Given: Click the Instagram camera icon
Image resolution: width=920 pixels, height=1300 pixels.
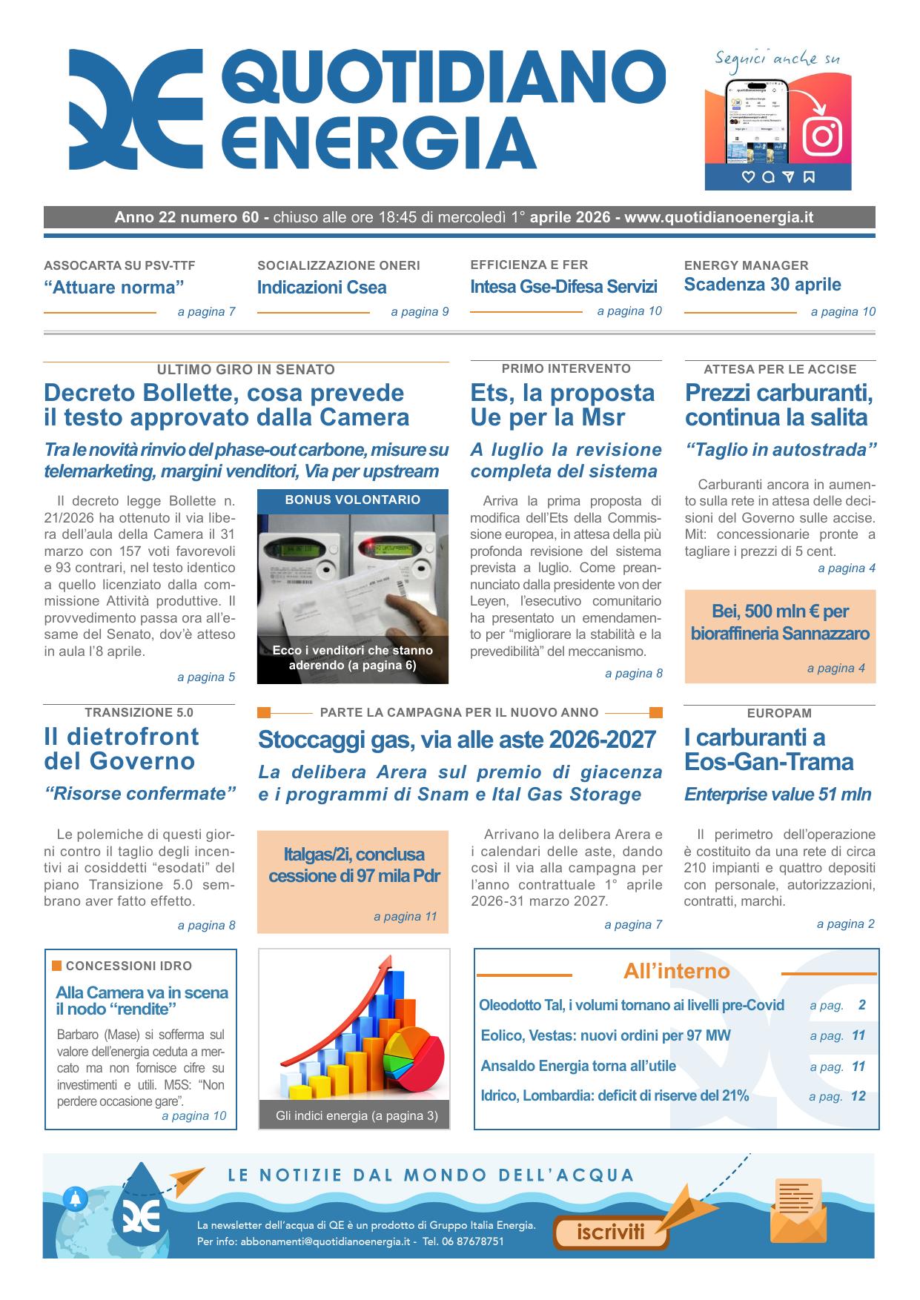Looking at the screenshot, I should coord(822,135).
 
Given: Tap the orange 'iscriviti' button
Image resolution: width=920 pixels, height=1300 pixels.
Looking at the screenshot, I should coord(611,1232).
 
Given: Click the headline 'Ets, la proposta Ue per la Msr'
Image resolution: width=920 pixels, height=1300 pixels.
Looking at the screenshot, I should coord(562,405).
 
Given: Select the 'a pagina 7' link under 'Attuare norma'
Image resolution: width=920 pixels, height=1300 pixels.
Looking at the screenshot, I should coord(206,312).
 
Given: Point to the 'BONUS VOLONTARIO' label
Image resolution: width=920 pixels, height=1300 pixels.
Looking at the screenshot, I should coord(352,500).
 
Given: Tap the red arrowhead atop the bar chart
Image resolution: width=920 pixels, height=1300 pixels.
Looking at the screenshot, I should coord(385,964).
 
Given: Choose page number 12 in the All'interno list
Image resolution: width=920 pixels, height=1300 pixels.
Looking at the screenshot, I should coord(858,1096).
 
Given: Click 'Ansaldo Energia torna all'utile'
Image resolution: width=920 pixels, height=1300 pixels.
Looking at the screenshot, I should coord(578,1066).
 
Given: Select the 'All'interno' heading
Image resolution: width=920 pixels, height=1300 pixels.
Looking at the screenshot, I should coord(676,971).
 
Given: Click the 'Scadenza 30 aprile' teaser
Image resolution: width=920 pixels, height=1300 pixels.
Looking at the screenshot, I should coord(762,285).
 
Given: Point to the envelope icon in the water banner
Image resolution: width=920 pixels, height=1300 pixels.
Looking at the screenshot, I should coord(798,1210).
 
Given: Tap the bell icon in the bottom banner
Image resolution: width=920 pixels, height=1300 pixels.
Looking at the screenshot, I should coord(75,1198).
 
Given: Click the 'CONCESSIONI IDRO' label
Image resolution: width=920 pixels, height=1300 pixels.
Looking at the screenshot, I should coord(128,966).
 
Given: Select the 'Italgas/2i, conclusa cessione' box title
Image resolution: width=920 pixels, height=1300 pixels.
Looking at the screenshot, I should coord(354,865).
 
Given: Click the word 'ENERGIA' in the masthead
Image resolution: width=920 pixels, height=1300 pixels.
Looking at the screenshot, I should coord(378,142).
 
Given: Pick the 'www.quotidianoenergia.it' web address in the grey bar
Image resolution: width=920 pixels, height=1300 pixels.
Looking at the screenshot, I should coord(718,217).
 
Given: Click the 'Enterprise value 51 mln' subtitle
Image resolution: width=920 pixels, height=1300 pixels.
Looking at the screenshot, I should coord(777,795).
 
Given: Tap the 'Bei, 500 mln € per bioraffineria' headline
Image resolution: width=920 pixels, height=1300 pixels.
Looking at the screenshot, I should coord(780,622).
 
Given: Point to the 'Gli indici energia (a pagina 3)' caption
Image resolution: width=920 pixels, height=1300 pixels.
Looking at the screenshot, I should coord(357,1115).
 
